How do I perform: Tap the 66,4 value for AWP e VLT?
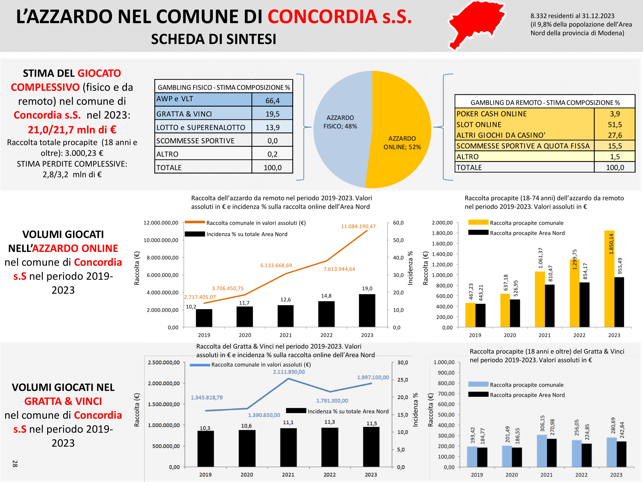[x=272, y=101]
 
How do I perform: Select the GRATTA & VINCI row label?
[x=184, y=114]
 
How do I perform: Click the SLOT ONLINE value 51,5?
[x=615, y=125]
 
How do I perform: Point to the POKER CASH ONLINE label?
[x=492, y=114]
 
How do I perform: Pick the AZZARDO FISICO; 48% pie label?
[x=340, y=122]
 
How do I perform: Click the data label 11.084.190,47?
[x=358, y=226]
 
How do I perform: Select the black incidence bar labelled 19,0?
[x=367, y=311]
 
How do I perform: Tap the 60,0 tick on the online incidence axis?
[x=398, y=223]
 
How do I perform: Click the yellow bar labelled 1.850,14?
[x=609, y=279]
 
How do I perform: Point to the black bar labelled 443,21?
[x=480, y=316]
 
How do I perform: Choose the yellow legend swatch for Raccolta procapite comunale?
[x=478, y=222]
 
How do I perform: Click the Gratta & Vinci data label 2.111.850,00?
[x=289, y=372]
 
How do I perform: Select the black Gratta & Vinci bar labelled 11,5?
[x=371, y=447]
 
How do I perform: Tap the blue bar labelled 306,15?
[x=542, y=451]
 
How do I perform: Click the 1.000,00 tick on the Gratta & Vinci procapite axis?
[x=444, y=362]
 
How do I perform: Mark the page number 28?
[x=15, y=463]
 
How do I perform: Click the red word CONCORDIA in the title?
[x=322, y=17]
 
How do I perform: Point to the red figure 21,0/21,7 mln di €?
[x=72, y=129]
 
